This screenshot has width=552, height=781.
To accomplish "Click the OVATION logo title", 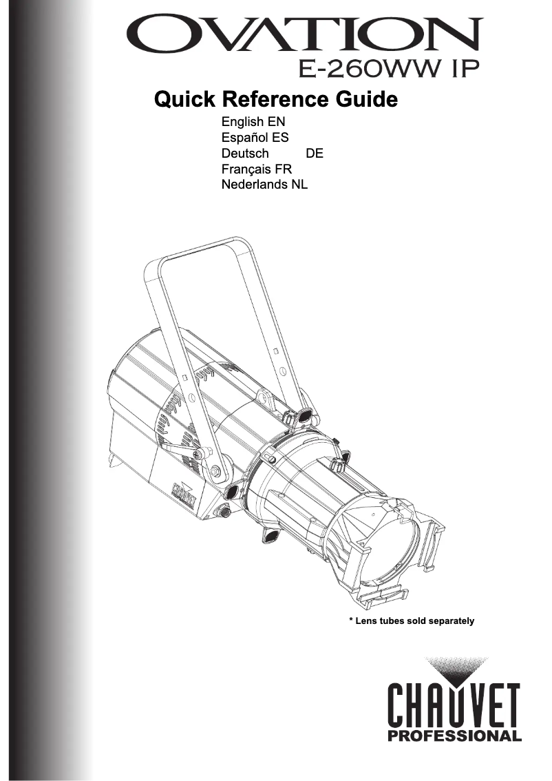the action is [x=302, y=34].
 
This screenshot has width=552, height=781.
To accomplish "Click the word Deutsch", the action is [x=245, y=153].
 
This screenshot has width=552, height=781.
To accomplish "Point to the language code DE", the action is [x=314, y=153].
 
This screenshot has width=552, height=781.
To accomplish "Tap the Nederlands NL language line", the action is [x=264, y=185].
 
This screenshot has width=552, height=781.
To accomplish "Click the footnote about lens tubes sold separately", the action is [x=412, y=621].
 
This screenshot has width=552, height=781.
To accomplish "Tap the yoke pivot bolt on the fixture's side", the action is [x=216, y=471].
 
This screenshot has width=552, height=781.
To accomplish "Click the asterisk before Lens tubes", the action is [x=352, y=621].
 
